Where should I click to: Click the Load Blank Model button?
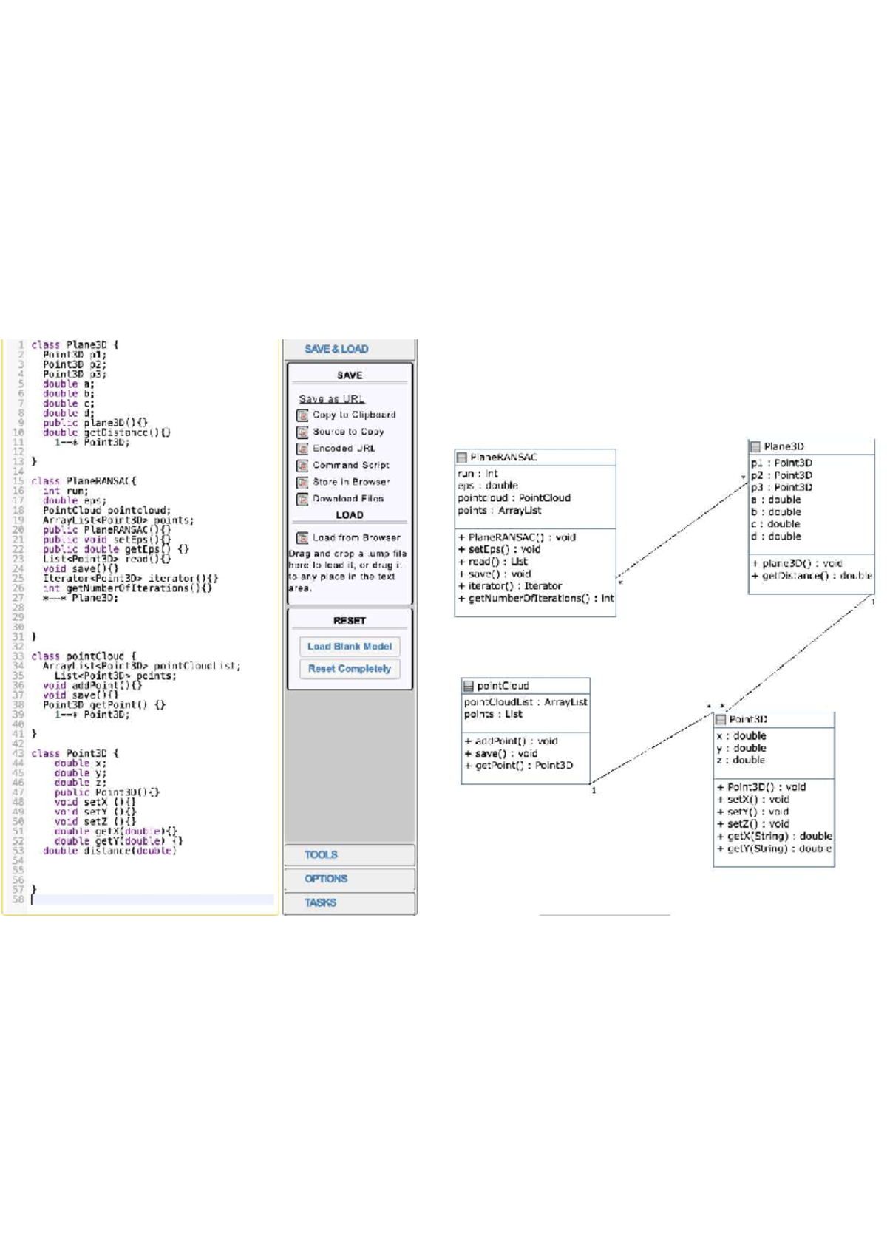(350, 647)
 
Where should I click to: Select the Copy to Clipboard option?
(353, 415)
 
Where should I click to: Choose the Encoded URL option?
(343, 449)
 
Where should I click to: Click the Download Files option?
(347, 499)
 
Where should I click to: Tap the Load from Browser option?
(356, 537)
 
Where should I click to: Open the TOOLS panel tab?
(321, 855)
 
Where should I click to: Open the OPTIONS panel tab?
(325, 879)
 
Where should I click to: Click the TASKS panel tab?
(320, 902)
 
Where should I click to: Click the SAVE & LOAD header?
(336, 349)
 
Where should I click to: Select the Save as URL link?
(331, 399)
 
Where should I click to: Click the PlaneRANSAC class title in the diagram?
(503, 458)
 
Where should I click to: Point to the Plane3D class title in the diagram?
(784, 446)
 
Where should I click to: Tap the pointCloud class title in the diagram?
(503, 686)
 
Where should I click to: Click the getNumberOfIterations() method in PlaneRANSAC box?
(537, 599)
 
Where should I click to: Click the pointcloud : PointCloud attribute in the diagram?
(514, 498)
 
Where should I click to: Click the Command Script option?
(350, 466)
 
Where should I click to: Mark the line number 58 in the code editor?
(18, 899)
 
